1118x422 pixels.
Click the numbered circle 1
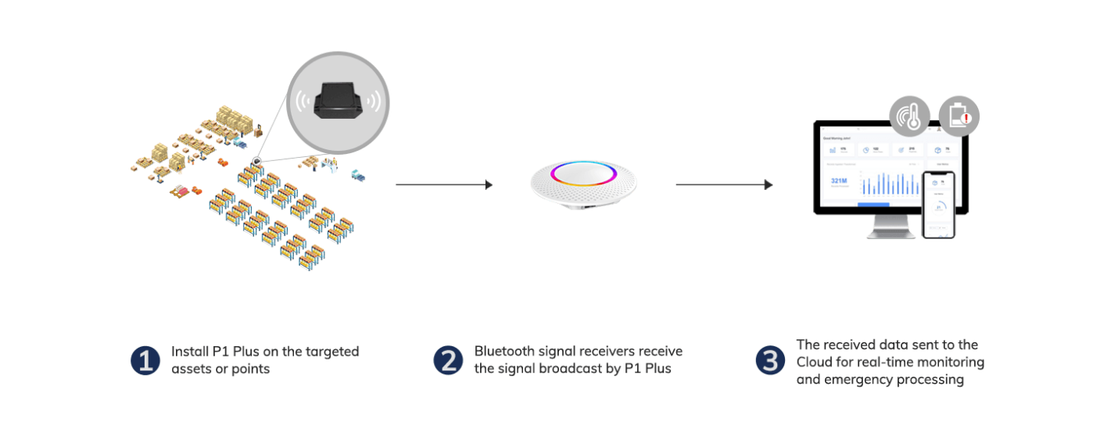tap(145, 360)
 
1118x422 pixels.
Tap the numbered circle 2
tap(448, 360)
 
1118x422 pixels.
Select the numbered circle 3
tap(770, 360)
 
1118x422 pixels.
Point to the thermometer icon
tap(910, 118)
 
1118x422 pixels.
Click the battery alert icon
tap(959, 117)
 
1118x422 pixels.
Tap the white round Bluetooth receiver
tap(583, 184)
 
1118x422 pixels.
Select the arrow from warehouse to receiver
tap(444, 185)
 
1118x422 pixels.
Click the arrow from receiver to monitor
tap(724, 185)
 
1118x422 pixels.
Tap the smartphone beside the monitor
tap(939, 205)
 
